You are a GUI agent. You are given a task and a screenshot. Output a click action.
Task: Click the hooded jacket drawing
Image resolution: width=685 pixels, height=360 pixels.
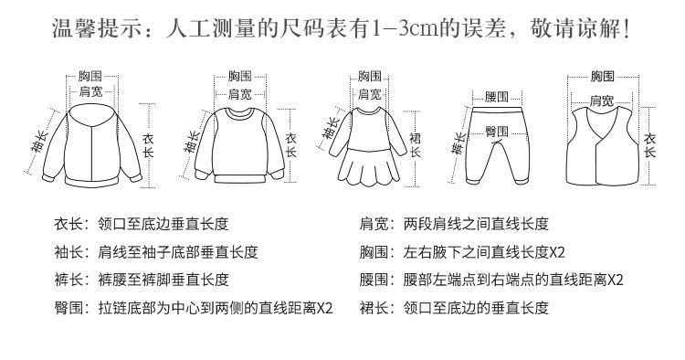(x=92, y=145)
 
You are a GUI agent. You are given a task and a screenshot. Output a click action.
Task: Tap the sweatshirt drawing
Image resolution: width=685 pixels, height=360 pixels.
(x=239, y=145)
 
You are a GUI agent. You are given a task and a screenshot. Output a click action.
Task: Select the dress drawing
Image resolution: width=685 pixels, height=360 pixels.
(x=370, y=146)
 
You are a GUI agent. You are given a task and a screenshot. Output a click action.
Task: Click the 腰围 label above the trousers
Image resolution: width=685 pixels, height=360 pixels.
(x=497, y=97)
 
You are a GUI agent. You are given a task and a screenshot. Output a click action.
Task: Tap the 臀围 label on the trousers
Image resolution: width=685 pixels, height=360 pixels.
(x=497, y=131)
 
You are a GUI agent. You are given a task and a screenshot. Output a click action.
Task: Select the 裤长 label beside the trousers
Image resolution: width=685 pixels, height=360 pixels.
(x=458, y=143)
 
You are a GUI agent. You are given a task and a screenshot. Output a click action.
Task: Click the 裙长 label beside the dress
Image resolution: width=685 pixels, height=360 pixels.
(x=415, y=145)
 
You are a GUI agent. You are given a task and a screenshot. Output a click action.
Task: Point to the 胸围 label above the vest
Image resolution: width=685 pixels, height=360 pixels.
(x=603, y=77)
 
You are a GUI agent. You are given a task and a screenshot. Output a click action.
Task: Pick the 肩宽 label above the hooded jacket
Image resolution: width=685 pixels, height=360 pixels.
(x=90, y=91)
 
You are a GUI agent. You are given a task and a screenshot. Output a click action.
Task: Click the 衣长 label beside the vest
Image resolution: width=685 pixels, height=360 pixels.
(x=650, y=145)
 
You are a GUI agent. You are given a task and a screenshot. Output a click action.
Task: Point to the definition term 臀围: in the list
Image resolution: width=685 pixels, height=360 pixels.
(x=72, y=308)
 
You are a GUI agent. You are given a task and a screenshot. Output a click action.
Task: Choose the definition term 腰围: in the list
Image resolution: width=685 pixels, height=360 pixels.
(x=377, y=280)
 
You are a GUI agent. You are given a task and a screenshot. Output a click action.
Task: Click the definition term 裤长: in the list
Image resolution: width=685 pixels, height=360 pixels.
(x=72, y=280)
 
